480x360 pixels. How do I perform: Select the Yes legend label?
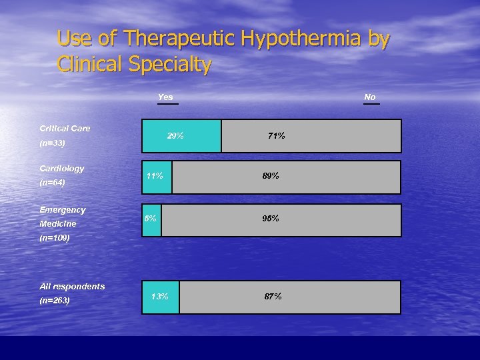[165, 97]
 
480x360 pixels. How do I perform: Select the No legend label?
[370, 97]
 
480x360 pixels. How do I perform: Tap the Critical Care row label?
[65, 128]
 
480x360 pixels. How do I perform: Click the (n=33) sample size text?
[52, 143]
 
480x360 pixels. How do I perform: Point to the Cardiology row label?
[61, 169]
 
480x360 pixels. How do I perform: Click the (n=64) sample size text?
[52, 182]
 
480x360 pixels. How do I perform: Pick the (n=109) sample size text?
[55, 237]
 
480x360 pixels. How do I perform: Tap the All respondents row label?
[72, 286]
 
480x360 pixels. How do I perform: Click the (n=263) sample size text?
[55, 301]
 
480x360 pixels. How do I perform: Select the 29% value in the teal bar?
[176, 136]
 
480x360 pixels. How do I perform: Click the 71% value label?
[276, 136]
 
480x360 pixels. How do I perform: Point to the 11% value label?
[155, 176]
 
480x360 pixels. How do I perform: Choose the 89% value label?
[271, 176]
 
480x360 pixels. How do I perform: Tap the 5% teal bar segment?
[152, 220]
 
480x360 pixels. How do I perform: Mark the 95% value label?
[271, 219]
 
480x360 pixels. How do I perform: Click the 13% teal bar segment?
[161, 297]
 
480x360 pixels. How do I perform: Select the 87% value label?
[273, 297]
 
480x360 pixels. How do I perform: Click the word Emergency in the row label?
[62, 210]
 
